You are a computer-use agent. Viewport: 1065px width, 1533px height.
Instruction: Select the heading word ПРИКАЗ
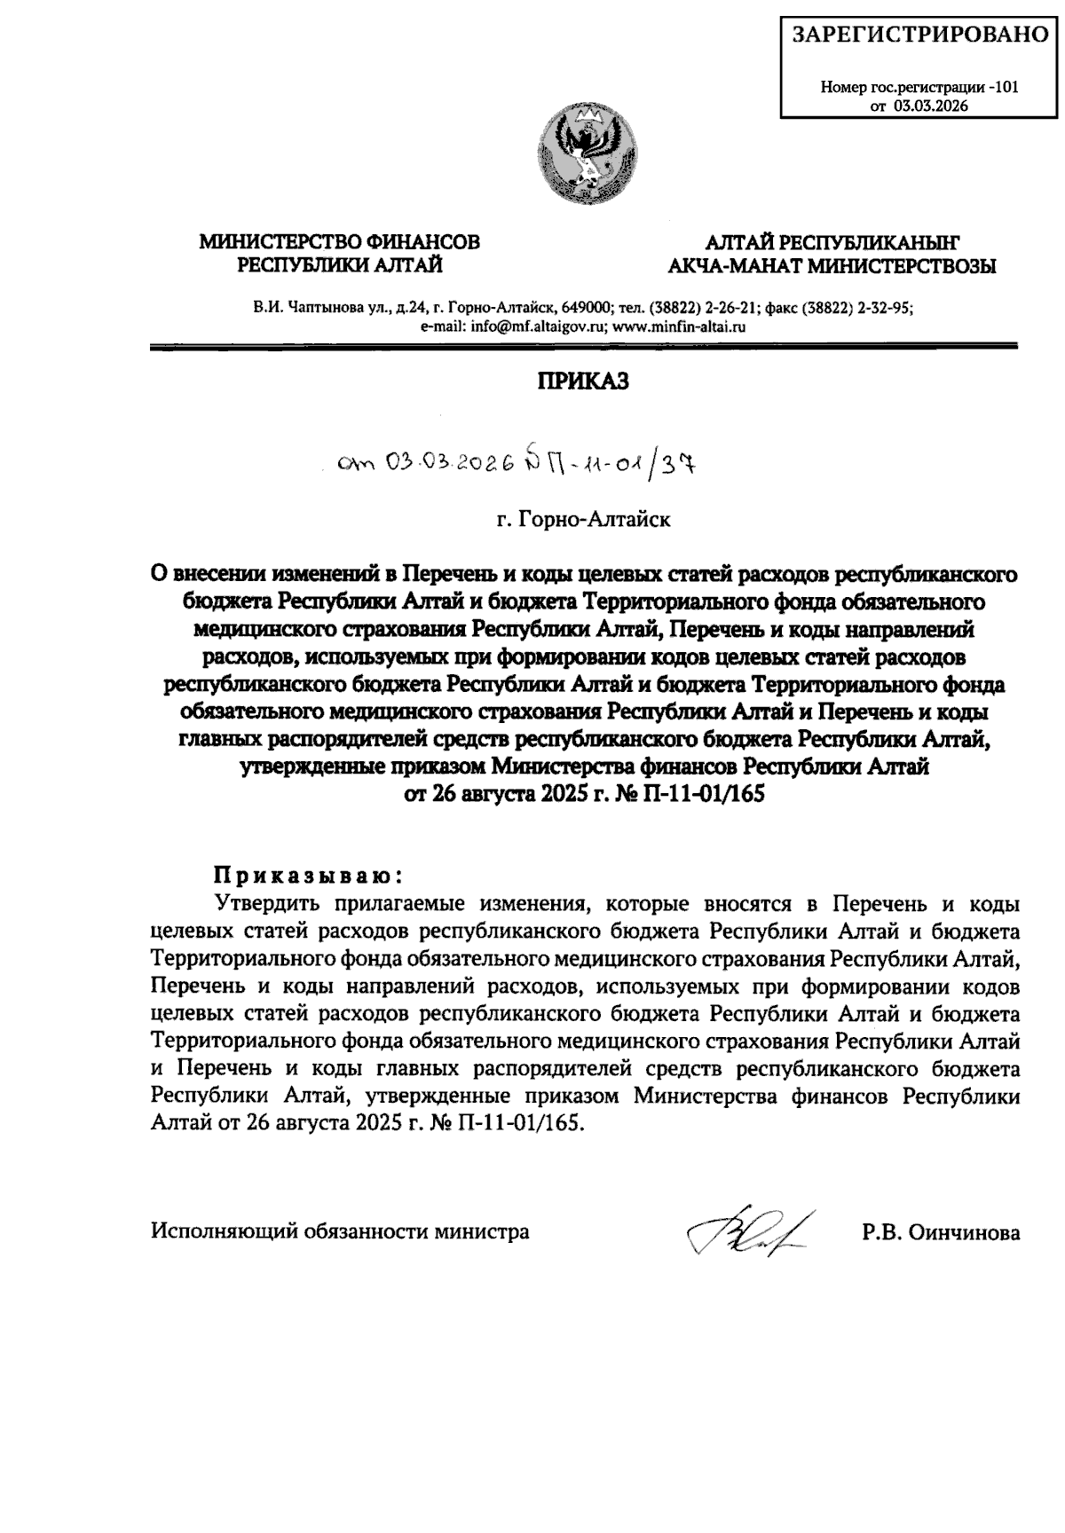[x=583, y=381]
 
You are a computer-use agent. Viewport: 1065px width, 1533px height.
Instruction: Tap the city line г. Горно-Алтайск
[x=583, y=519]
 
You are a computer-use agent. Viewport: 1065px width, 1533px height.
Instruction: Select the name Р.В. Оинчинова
[x=941, y=1232]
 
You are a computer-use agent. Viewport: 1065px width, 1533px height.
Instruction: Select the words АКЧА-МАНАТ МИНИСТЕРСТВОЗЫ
[x=832, y=265]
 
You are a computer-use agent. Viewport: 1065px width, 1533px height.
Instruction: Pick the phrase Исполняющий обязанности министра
[x=341, y=1232]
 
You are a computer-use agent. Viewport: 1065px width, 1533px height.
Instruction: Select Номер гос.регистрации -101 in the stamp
[x=920, y=88]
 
